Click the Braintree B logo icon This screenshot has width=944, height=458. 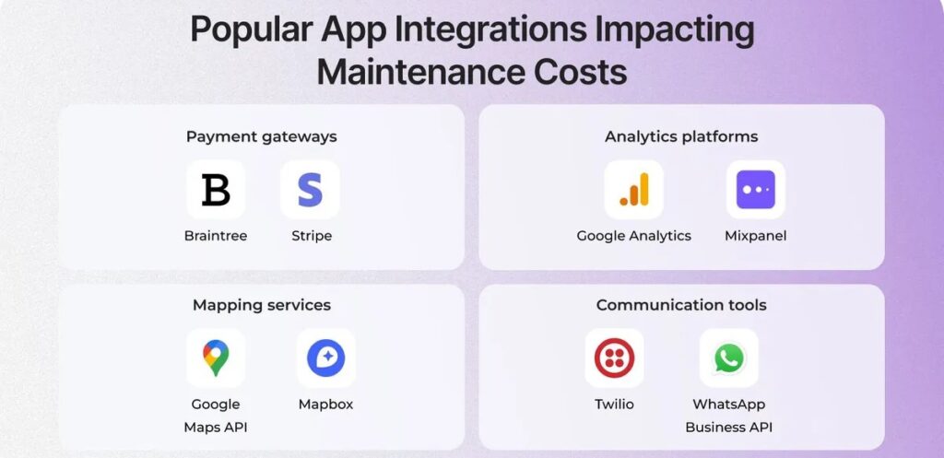point(216,190)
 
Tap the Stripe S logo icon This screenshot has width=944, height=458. point(310,190)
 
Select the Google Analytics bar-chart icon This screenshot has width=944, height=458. point(634,190)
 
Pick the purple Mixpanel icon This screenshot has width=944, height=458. point(756,190)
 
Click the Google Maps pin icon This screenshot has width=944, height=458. point(216,358)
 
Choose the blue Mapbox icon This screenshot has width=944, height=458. point(325,358)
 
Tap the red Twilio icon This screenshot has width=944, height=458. point(614,358)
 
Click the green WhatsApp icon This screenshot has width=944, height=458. point(729,358)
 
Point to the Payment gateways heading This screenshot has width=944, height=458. point(261,137)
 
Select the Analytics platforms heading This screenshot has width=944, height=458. point(681,136)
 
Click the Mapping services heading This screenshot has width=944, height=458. point(262,305)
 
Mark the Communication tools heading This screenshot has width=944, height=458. point(681,305)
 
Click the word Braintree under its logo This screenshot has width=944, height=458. point(216,235)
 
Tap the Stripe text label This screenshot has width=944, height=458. point(312,236)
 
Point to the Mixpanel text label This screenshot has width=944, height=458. point(756,236)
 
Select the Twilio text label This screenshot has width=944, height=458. point(614,404)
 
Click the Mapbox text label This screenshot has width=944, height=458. point(325,405)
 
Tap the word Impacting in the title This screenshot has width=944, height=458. point(675,30)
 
